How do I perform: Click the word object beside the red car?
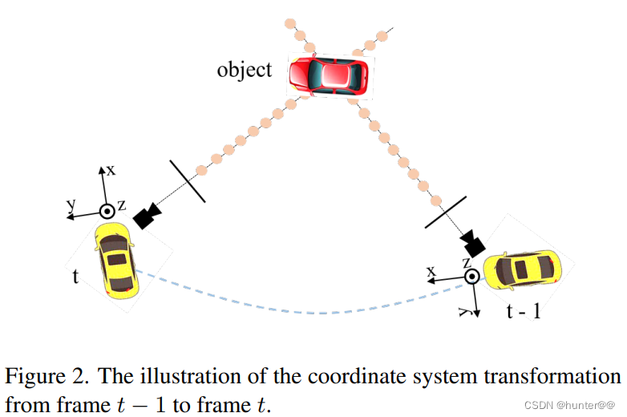tap(244, 70)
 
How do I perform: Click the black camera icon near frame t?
tap(148, 216)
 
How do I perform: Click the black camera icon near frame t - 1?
tap(473, 241)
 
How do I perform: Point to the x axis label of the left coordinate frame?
tap(111, 170)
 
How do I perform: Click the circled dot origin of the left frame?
tap(105, 213)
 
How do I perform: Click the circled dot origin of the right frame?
tap(472, 277)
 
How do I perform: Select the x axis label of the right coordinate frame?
tap(431, 272)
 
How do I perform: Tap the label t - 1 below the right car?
tap(523, 310)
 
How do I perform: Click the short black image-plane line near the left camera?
tap(188, 180)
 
